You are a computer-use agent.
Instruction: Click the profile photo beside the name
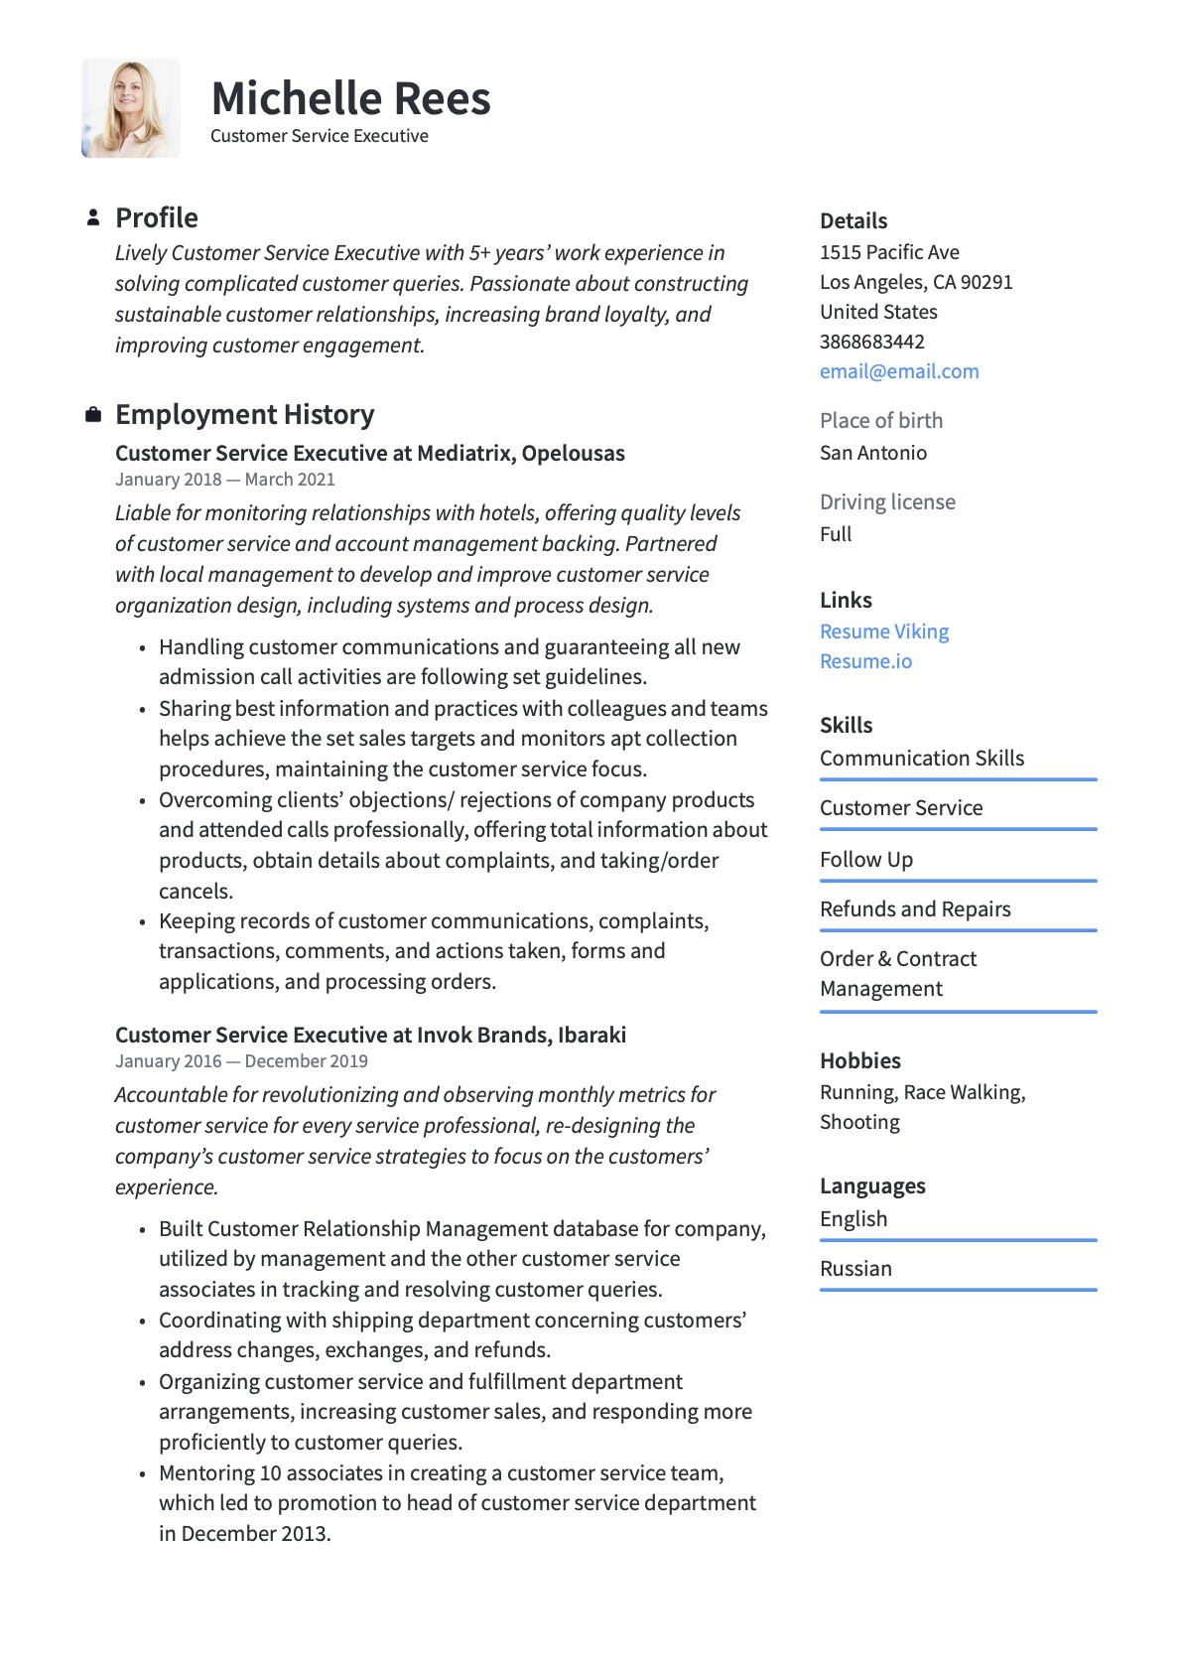[x=131, y=108]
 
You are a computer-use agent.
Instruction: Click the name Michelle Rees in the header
[x=350, y=99]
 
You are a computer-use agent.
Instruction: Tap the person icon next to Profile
[x=93, y=217]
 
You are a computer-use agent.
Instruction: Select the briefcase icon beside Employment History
[x=93, y=414]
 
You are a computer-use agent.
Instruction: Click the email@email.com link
[x=899, y=371]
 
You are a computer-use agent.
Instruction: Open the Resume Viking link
[x=884, y=631]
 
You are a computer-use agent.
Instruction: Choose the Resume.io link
[x=865, y=661]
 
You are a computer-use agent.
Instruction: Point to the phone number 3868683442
[x=872, y=342]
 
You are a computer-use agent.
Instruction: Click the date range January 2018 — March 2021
[x=225, y=480]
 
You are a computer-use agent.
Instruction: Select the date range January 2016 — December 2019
[x=241, y=1061]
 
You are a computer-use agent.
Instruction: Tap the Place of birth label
[x=881, y=421]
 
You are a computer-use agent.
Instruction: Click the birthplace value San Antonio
[x=873, y=453]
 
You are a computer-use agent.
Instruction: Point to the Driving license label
[x=887, y=502]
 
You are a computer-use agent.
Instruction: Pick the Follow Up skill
[x=866, y=860]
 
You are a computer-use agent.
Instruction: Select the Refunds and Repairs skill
[x=915, y=909]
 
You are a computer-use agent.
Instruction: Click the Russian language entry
[x=855, y=1269]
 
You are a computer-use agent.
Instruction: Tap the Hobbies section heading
[x=860, y=1060]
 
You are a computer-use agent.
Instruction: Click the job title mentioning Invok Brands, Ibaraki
[x=370, y=1035]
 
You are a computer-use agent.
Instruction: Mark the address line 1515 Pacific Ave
[x=889, y=252]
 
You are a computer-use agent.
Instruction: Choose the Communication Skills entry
[x=922, y=759]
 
